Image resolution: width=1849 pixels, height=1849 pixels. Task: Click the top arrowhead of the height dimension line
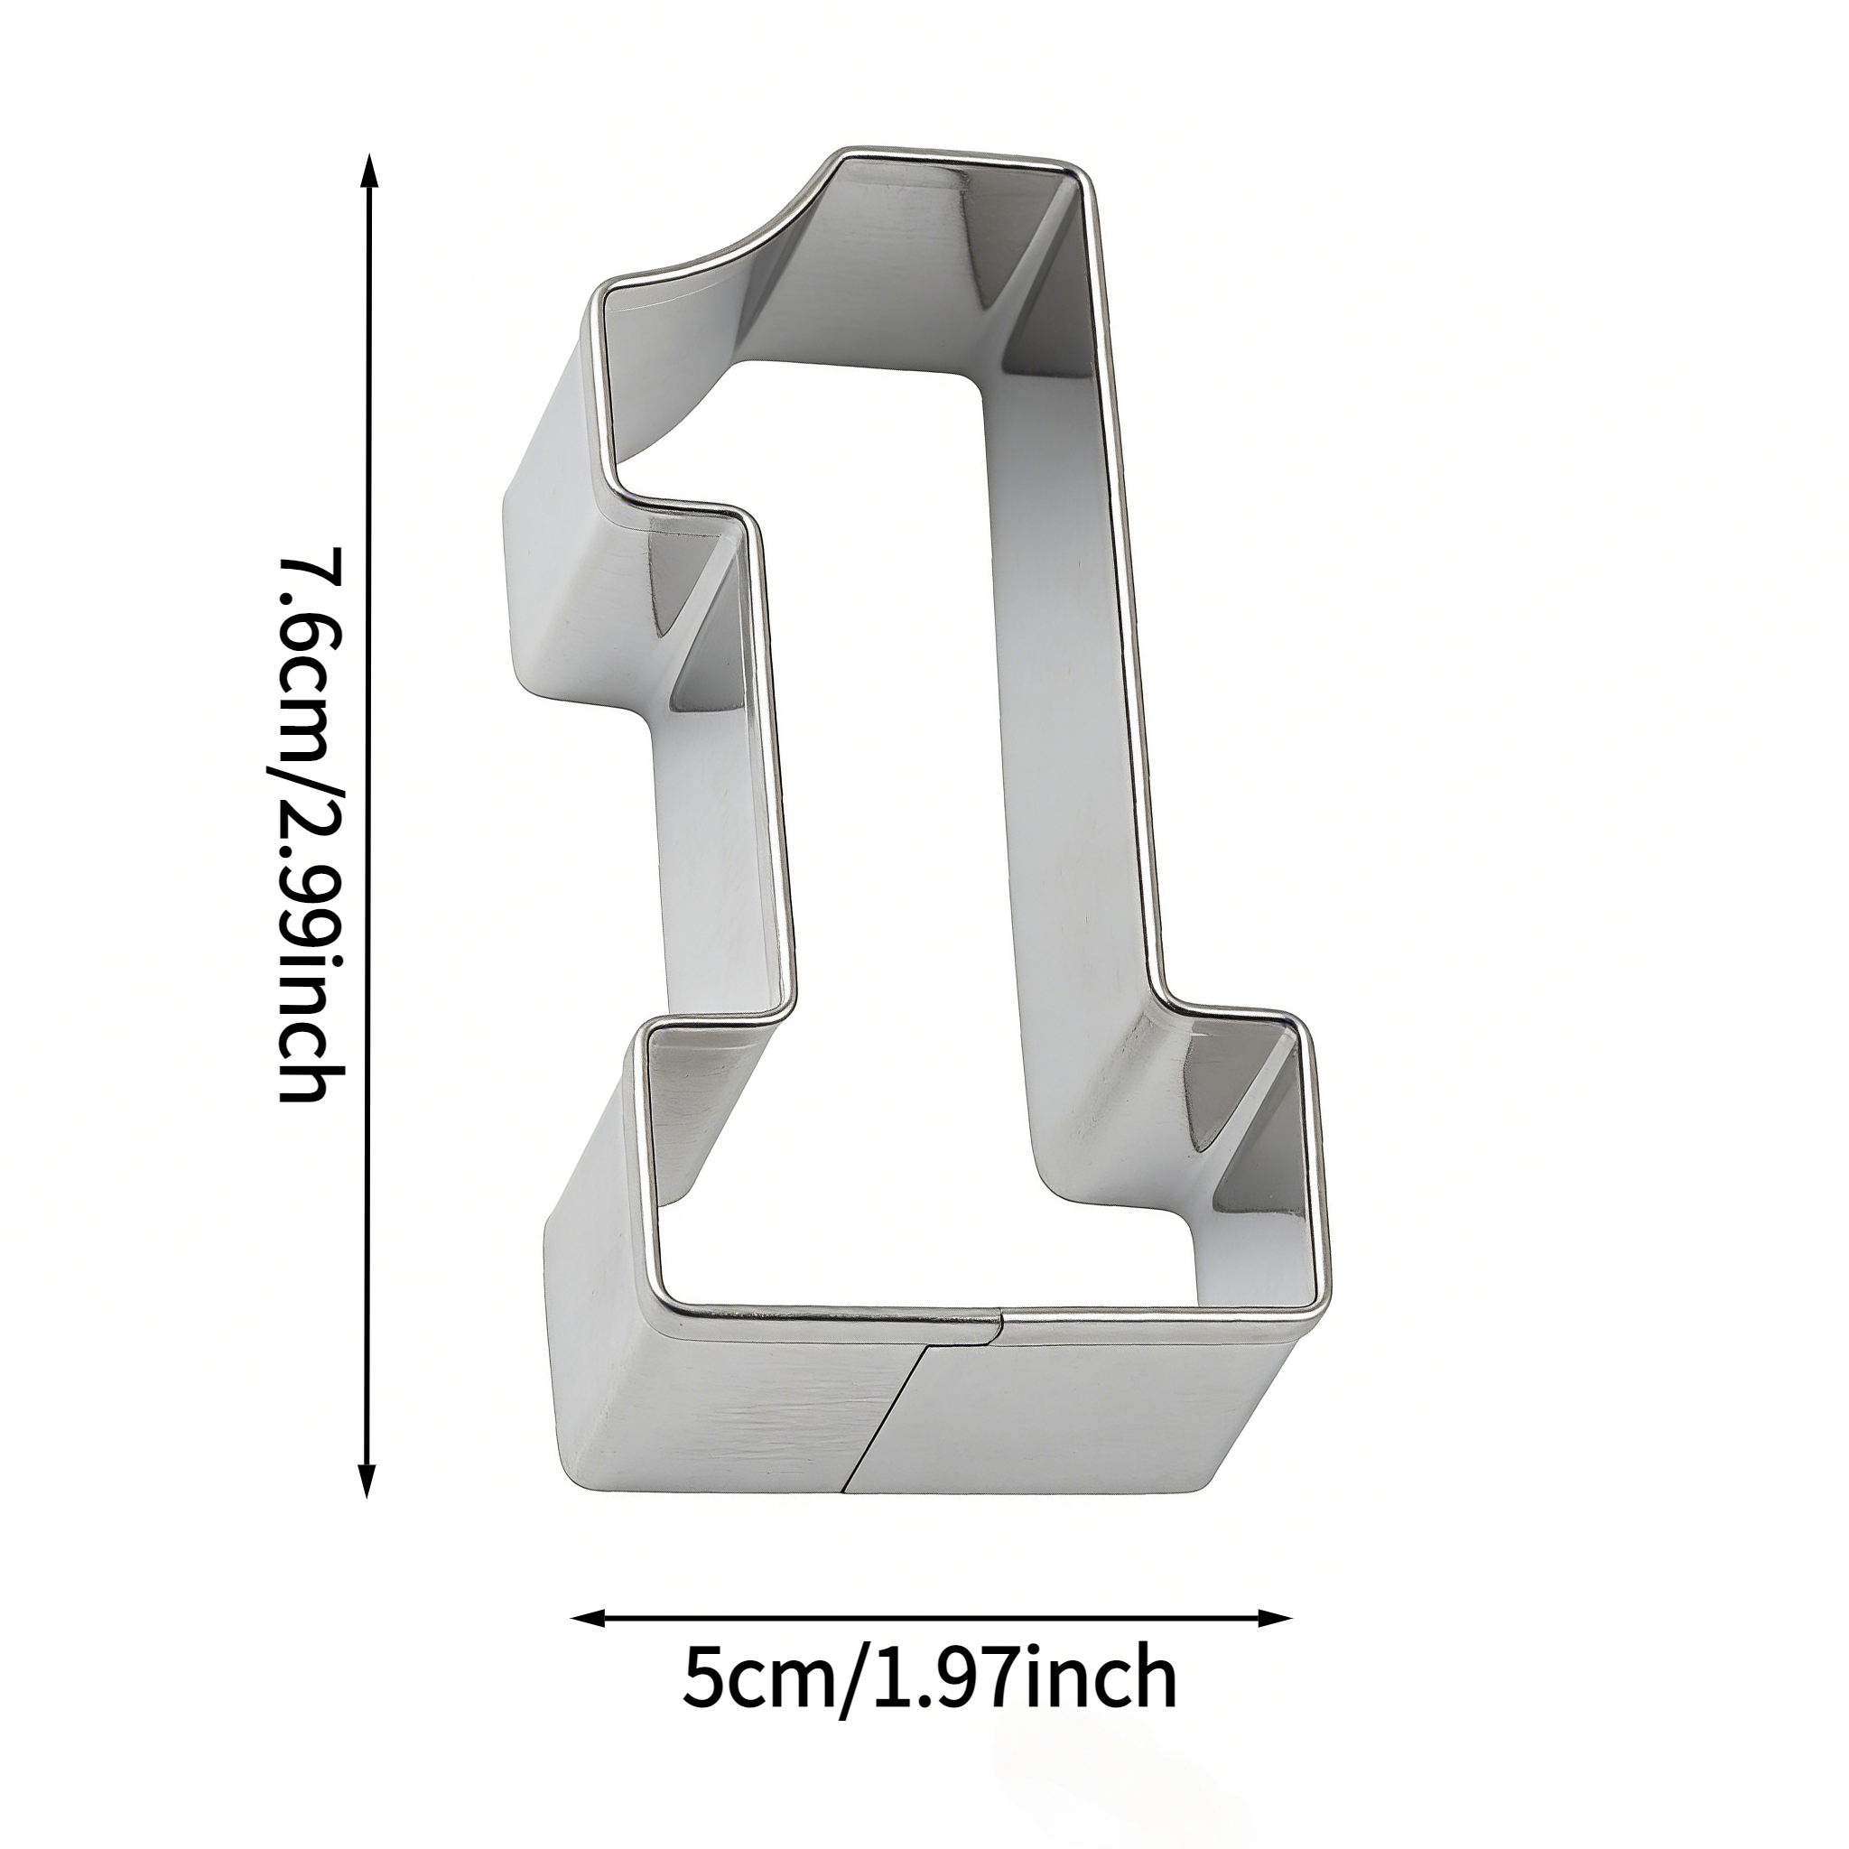tap(368, 172)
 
